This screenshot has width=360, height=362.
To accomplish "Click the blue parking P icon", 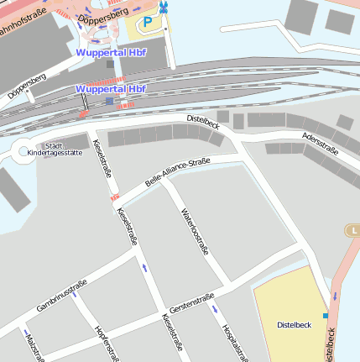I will (x=149, y=23).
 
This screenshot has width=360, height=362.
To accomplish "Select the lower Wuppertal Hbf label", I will (x=111, y=88).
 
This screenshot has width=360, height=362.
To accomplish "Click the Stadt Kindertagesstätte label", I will (x=55, y=149).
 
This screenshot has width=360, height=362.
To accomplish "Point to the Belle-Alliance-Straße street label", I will (x=177, y=172).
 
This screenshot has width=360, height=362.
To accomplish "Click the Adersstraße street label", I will (x=319, y=144).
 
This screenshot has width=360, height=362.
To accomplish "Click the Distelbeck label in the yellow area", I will (x=294, y=324).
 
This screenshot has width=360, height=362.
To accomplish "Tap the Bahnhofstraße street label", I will (x=23, y=12).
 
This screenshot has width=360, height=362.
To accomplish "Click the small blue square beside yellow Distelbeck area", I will (x=326, y=316).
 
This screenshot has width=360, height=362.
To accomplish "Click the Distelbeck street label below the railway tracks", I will (x=202, y=123).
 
